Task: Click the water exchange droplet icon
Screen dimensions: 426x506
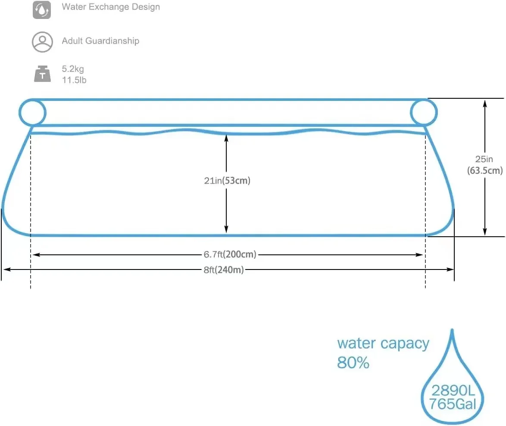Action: click(x=42, y=10)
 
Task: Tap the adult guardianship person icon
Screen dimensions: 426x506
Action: click(x=42, y=41)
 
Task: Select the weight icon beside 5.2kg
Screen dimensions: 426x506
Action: click(x=42, y=74)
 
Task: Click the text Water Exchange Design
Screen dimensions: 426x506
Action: click(x=111, y=7)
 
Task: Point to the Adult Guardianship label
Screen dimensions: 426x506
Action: click(x=100, y=41)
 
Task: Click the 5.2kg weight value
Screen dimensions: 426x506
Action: click(x=73, y=69)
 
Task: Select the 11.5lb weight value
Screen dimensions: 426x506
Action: click(x=74, y=80)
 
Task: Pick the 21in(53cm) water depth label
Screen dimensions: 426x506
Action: click(x=227, y=181)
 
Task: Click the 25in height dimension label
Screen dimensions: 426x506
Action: click(x=484, y=160)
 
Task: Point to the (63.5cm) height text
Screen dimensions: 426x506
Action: click(x=484, y=171)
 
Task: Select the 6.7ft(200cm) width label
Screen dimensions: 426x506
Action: click(x=230, y=254)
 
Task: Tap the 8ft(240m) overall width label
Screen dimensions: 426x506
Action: click(x=224, y=270)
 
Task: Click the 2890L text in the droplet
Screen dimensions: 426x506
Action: click(x=453, y=391)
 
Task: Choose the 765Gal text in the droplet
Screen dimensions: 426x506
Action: click(x=453, y=404)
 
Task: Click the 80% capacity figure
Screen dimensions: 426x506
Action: click(x=353, y=363)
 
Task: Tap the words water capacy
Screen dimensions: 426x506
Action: click(x=383, y=344)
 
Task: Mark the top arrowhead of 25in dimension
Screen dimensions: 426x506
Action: click(x=485, y=102)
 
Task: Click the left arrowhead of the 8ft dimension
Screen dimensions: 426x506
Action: click(x=6, y=269)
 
